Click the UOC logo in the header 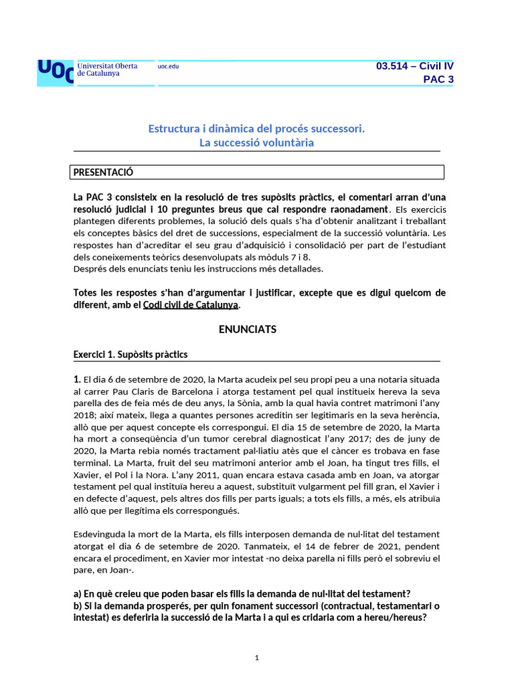[x=56, y=72]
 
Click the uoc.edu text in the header [x=168, y=66]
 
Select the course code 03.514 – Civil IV [x=414, y=66]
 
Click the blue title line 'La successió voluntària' [x=256, y=142]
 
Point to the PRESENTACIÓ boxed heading [x=104, y=173]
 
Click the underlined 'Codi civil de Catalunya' [x=190, y=304]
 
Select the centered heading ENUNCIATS [x=248, y=329]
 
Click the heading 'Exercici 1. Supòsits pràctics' [x=131, y=354]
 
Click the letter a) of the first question [x=77, y=593]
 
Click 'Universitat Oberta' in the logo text [x=108, y=66]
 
